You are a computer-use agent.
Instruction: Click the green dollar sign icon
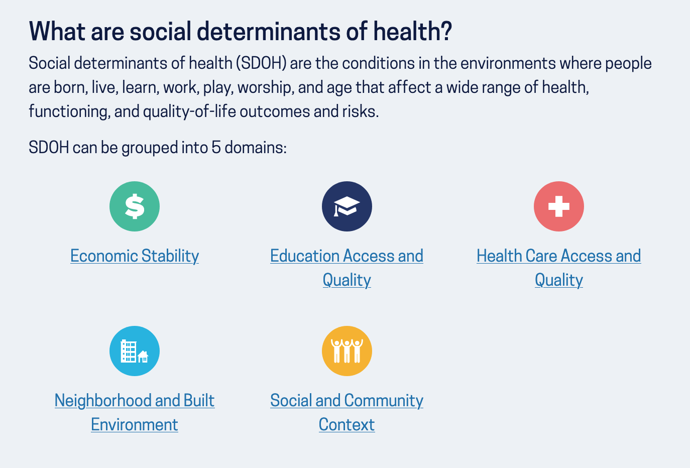(x=135, y=206)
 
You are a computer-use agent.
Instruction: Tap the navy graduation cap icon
(x=347, y=206)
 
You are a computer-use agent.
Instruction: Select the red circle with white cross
(x=559, y=206)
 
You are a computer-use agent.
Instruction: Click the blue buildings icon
(x=135, y=351)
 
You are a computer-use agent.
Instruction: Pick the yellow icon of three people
(x=347, y=351)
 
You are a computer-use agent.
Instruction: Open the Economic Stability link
(x=135, y=256)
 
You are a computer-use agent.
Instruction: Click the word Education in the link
(x=305, y=256)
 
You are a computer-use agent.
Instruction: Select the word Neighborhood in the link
(x=103, y=401)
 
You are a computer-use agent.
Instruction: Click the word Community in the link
(x=384, y=401)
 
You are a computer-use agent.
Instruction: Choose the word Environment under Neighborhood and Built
(x=134, y=424)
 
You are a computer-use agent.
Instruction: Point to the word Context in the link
(x=347, y=424)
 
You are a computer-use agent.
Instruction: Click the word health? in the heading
(x=412, y=31)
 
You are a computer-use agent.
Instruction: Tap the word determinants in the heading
(x=268, y=31)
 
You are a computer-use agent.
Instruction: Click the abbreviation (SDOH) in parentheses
(x=261, y=63)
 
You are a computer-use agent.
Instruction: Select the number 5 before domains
(x=216, y=147)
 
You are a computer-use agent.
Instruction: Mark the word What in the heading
(x=57, y=31)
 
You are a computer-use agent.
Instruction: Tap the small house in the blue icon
(x=143, y=357)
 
